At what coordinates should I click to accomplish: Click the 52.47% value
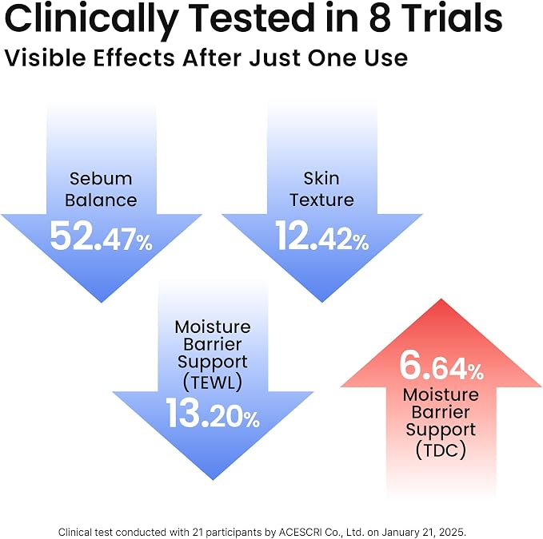point(101,236)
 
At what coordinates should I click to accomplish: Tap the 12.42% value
point(322,236)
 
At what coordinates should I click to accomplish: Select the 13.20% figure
point(213,413)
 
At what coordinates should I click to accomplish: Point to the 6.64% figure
point(441,366)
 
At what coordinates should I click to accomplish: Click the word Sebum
point(101,179)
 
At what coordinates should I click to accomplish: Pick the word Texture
point(321,200)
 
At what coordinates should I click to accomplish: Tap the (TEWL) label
point(213,382)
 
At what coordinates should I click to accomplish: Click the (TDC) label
point(441,450)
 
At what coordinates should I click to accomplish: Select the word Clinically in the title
point(91,19)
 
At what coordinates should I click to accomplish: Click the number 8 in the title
point(380,18)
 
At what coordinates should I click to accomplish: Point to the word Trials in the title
point(452,18)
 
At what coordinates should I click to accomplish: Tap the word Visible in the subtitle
point(45,57)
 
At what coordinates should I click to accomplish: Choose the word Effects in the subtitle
point(134,57)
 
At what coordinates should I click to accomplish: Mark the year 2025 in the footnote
point(455,532)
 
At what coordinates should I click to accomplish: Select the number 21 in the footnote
point(197,532)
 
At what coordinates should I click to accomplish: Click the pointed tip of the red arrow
point(441,299)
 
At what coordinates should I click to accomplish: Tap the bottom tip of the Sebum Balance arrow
point(101,302)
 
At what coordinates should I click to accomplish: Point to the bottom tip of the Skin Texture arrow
point(322,302)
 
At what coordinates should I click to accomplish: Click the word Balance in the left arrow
point(101,200)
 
